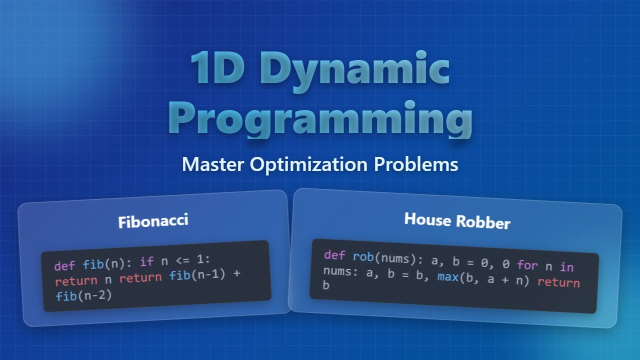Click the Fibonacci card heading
point(153,221)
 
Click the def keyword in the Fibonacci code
point(64,265)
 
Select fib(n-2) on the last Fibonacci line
point(83,296)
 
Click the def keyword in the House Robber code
point(334,255)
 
